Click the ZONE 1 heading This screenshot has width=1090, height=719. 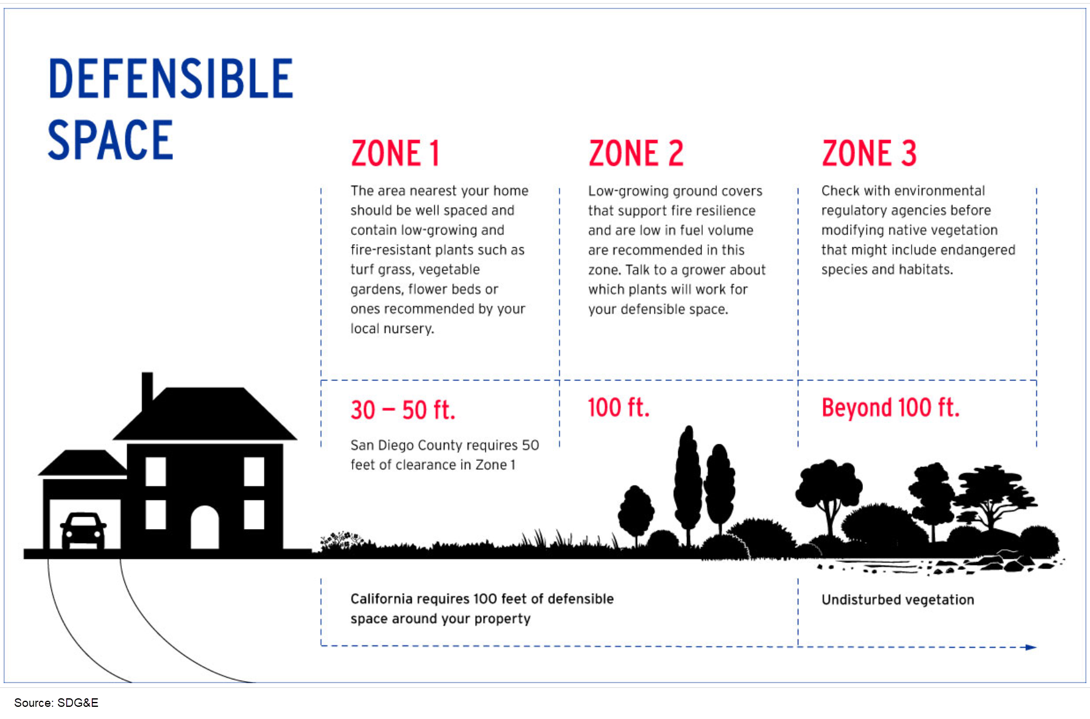click(395, 153)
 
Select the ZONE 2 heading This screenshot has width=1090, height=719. click(636, 153)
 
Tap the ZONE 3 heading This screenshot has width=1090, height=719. click(869, 153)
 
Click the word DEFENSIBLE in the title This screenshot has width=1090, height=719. click(171, 79)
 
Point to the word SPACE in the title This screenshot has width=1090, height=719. click(110, 140)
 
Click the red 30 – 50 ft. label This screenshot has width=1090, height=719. click(403, 410)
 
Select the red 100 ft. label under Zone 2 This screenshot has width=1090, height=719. click(618, 408)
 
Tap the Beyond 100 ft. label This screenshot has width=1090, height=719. click(890, 408)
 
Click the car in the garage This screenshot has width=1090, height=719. click(83, 530)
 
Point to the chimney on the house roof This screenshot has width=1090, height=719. click(147, 390)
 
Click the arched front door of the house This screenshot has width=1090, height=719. click(205, 527)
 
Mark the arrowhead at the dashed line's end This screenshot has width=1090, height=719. click(1031, 647)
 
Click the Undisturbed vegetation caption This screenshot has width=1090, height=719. click(898, 600)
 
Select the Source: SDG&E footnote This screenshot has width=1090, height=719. click(56, 703)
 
